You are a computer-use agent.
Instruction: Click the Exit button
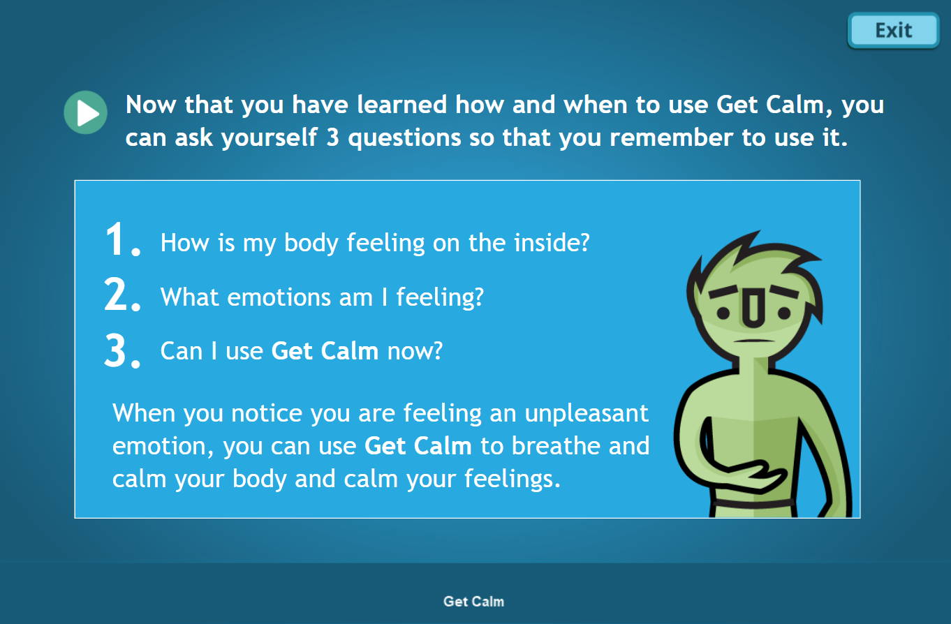pos(893,31)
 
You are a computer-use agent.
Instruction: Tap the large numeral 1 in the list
pos(115,239)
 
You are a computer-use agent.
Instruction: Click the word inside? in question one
pos(552,242)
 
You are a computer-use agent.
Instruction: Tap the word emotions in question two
pos(279,297)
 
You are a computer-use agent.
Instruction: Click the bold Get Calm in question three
pos(325,350)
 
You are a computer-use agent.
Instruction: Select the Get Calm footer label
pos(474,602)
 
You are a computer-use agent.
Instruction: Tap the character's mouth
pos(754,341)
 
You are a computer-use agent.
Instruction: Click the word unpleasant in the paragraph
pos(587,413)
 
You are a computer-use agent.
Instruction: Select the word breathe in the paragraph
pos(556,445)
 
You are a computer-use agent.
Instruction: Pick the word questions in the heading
pos(404,138)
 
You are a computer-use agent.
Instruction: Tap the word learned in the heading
pos(401,105)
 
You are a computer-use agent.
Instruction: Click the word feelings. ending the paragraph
pos(512,479)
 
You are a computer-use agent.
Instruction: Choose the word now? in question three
pos(415,352)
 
